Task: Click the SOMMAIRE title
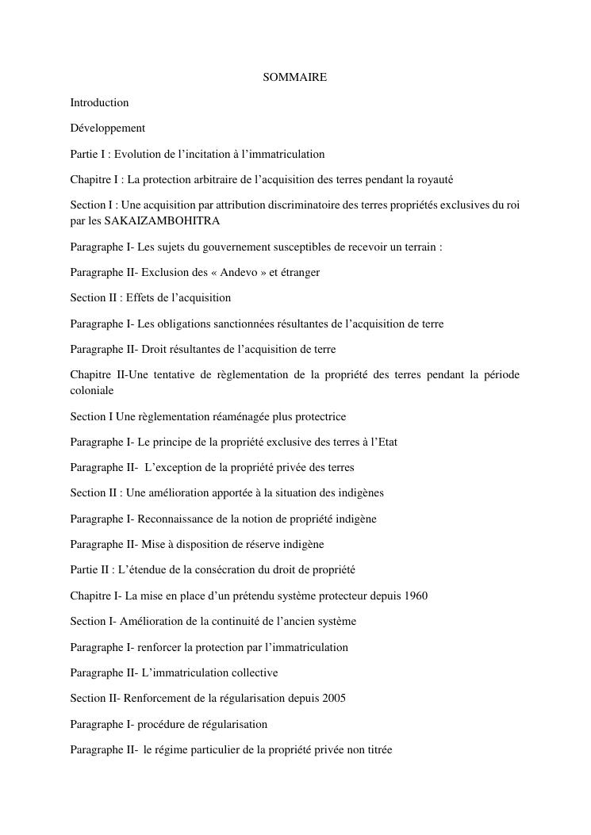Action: (x=295, y=77)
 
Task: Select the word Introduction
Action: (x=99, y=102)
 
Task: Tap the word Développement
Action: (x=107, y=128)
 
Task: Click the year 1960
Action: (x=415, y=596)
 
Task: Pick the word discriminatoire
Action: (x=288, y=205)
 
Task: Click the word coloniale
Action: (x=92, y=391)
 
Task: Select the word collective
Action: (x=255, y=672)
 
